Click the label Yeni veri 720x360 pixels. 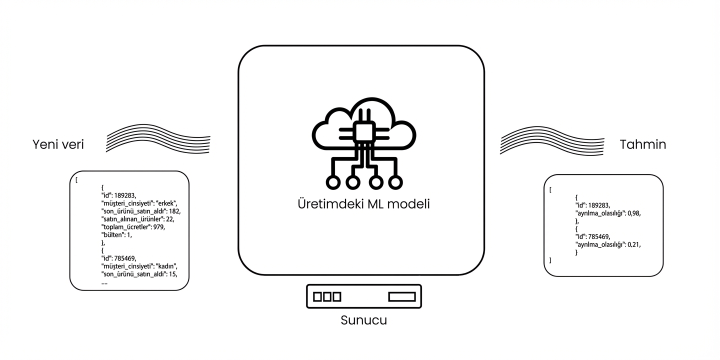click(58, 144)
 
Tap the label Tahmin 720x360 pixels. click(642, 144)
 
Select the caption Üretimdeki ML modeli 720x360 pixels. click(363, 204)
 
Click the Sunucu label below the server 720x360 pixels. click(363, 320)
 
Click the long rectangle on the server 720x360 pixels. click(402, 296)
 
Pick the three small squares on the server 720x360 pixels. click(327, 296)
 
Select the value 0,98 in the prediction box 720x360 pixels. click(633, 213)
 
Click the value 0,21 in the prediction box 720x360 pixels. click(633, 244)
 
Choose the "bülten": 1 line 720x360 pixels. click(116, 234)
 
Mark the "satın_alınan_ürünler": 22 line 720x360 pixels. click(137, 219)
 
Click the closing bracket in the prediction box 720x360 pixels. click(550, 260)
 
